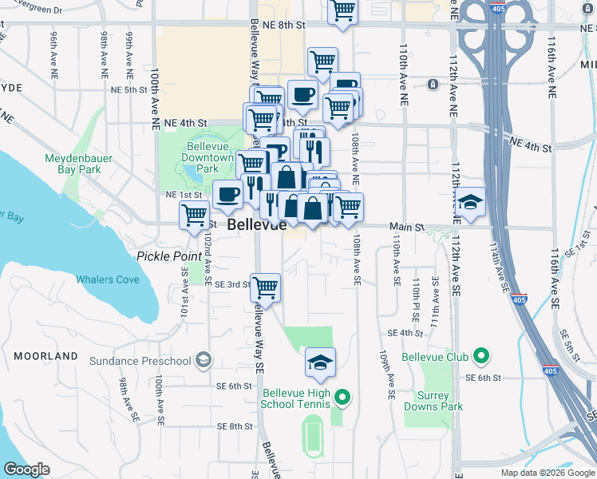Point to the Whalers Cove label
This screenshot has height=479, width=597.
click(108, 279)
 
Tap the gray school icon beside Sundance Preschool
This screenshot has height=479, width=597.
click(204, 360)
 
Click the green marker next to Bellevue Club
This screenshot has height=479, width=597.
click(480, 355)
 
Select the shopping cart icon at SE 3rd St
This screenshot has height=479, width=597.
click(265, 287)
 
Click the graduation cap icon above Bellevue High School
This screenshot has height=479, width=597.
click(320, 362)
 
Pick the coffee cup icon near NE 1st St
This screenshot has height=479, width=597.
click(228, 194)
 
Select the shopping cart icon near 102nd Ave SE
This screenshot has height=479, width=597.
click(195, 215)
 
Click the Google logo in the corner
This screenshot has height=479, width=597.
click(27, 469)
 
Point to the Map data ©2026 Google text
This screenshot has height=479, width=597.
click(548, 473)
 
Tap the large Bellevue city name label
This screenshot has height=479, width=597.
click(256, 225)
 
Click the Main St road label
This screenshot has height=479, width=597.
click(407, 228)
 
